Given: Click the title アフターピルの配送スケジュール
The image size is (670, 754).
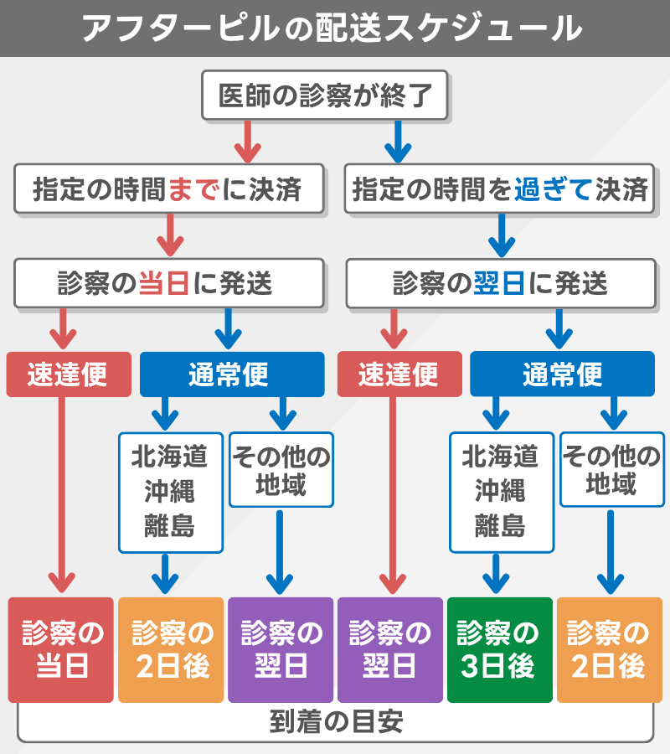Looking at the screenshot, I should click(335, 28).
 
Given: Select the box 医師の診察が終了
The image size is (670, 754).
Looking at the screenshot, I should click(325, 96).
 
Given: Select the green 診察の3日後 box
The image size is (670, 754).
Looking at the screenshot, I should click(499, 650).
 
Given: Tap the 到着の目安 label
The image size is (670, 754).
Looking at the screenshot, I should click(335, 722).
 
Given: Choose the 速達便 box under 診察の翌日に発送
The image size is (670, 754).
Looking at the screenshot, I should click(399, 374).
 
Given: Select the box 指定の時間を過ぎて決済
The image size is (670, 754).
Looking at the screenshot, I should click(500, 190).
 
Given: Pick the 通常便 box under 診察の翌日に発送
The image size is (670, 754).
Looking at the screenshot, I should click(562, 374).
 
